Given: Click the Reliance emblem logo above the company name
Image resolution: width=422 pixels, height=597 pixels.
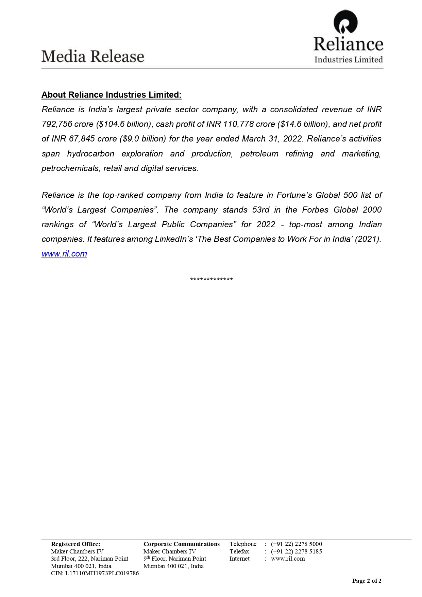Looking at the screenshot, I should (x=345, y=22).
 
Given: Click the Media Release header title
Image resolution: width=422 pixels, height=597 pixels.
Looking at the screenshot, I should (x=93, y=56).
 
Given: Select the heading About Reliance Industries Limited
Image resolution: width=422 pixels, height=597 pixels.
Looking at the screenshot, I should (x=112, y=95).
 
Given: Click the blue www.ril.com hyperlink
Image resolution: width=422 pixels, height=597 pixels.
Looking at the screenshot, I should (x=64, y=254).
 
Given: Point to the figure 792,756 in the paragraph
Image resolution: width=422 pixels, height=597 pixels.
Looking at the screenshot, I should (x=57, y=124).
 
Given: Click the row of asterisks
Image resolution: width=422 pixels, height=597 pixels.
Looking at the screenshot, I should (x=212, y=280).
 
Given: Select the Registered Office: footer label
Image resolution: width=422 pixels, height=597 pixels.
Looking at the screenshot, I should (x=75, y=544).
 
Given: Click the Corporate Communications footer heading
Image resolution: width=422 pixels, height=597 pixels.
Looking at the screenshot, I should (x=182, y=544).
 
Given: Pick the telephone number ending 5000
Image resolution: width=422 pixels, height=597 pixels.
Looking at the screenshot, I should (x=297, y=544).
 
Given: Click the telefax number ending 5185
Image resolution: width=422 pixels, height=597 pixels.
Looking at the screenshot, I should (x=297, y=551).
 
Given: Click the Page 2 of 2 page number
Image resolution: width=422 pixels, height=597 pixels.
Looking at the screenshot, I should (x=367, y=581).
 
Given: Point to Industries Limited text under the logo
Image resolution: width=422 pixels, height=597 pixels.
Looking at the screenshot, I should (x=349, y=60).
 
